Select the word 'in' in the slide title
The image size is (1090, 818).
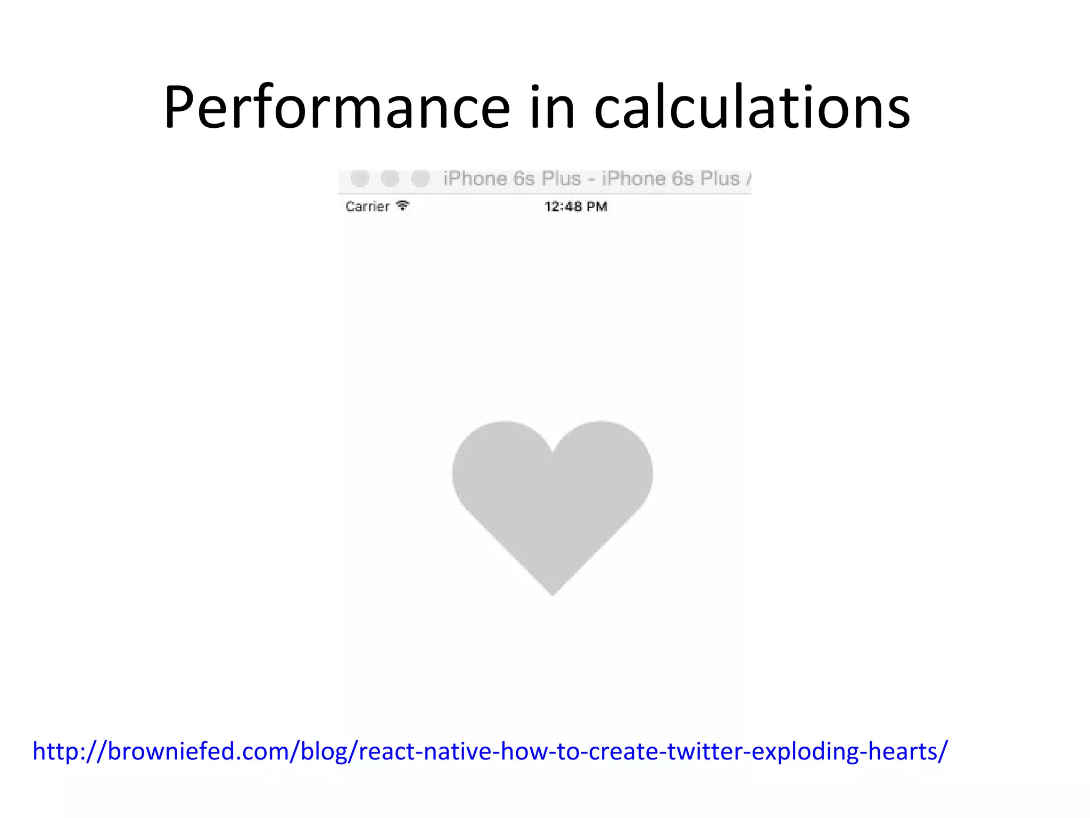552,108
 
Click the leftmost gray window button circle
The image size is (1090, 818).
360,178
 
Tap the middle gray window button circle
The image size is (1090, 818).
390,178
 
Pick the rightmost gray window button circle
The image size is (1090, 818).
420,178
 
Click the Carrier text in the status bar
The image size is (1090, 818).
367,207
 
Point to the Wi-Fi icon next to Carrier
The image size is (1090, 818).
403,206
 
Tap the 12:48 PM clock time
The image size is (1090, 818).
575,207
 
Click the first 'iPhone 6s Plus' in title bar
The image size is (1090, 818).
511,179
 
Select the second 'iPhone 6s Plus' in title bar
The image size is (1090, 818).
671,179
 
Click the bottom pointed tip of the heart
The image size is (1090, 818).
552,591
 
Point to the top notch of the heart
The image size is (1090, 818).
553,453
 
